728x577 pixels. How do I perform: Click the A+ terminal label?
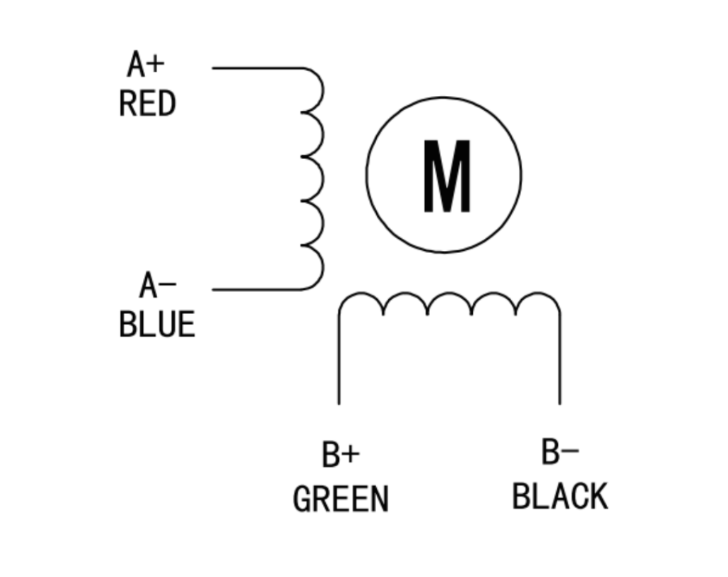[x=146, y=64]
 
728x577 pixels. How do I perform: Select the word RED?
[x=148, y=104]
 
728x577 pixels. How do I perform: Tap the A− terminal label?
[x=158, y=285]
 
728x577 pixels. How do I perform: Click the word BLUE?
[x=157, y=324]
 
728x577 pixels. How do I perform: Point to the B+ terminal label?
[x=341, y=454]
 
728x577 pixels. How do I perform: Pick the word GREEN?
[x=341, y=499]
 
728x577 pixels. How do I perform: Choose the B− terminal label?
[x=560, y=452]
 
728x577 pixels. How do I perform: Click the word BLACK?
[x=560, y=496]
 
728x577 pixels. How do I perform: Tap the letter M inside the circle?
[x=447, y=176]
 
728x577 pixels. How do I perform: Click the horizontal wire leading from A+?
[x=257, y=68]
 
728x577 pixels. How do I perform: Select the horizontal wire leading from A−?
[x=257, y=290]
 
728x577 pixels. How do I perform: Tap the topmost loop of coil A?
[x=323, y=90]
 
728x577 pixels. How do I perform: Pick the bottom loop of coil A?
[x=323, y=267]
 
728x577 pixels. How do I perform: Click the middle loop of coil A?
[x=323, y=179]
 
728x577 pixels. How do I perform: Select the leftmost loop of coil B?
[x=361, y=293]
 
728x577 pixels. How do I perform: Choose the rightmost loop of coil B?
[x=538, y=293]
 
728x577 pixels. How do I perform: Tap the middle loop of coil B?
[x=449, y=293]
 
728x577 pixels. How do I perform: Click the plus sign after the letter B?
[x=352, y=454]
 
